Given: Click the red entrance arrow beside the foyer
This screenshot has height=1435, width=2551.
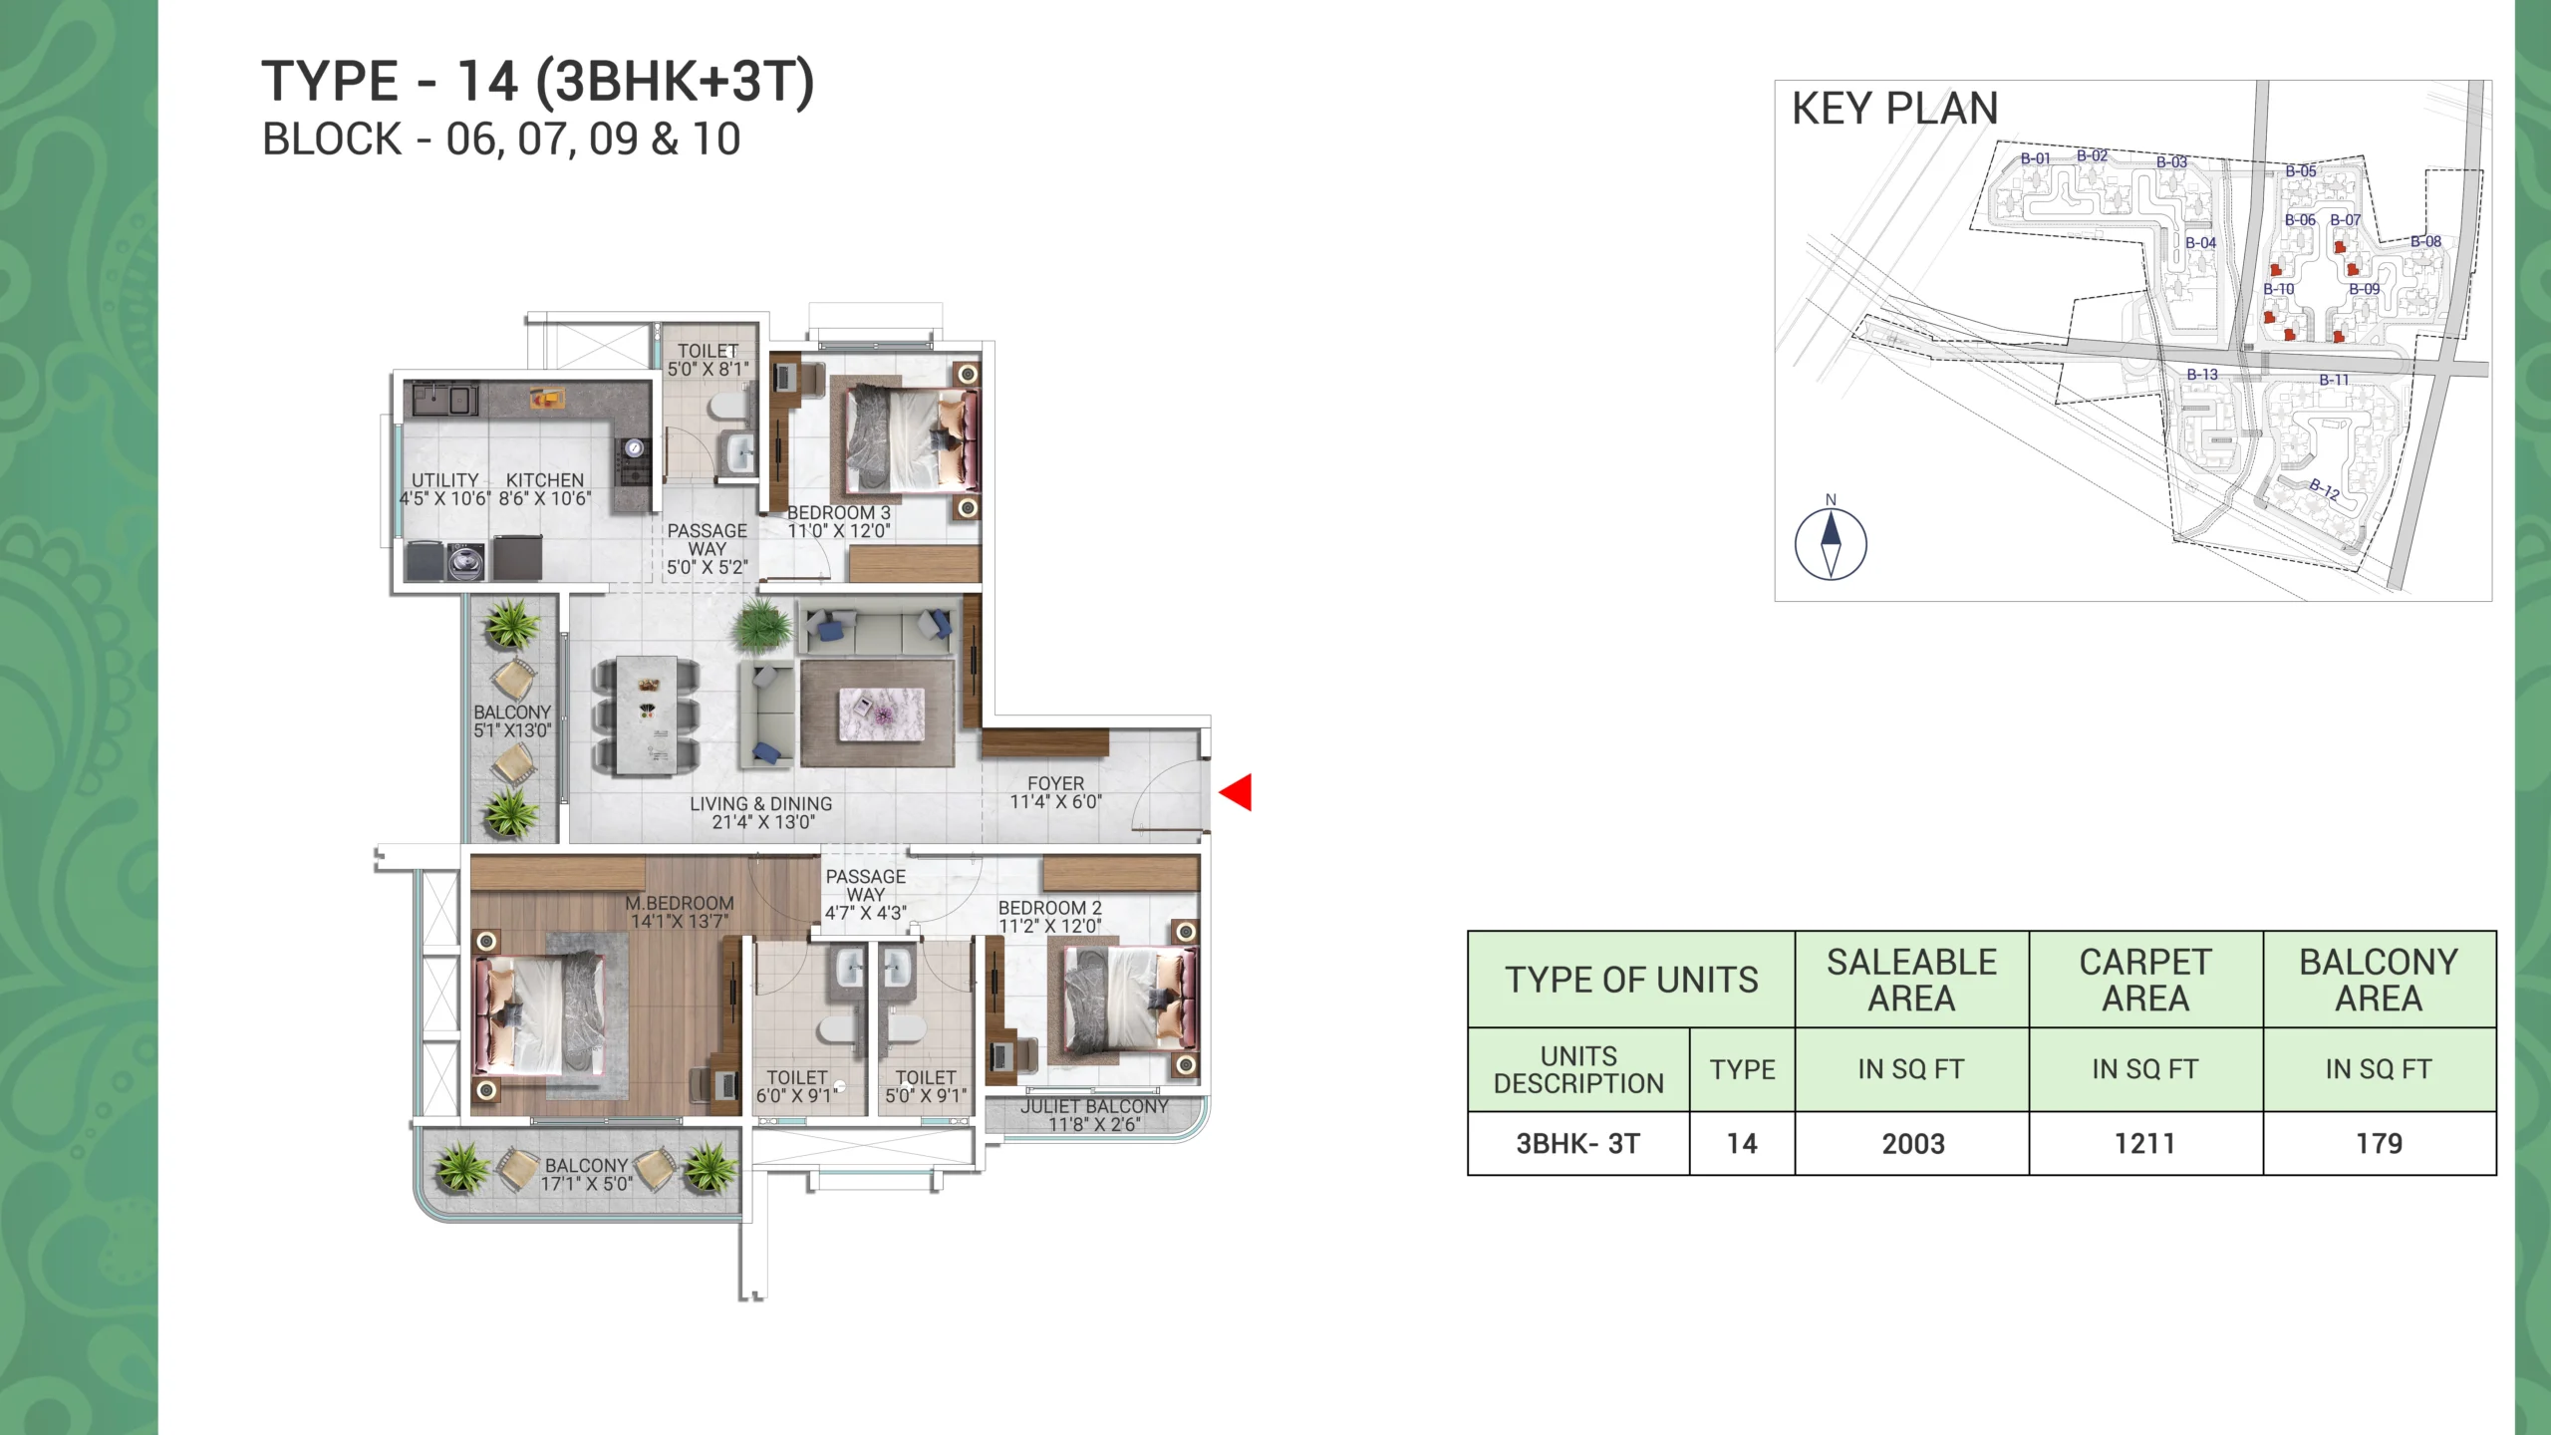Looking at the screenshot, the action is [1235, 793].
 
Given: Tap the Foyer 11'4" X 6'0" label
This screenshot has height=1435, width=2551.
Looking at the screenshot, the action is [1056, 793].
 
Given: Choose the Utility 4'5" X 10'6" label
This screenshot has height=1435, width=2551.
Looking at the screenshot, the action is [445, 489].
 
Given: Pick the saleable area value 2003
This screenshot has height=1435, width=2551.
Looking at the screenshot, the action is [1913, 1144].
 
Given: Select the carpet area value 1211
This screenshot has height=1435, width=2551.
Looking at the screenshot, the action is [2144, 1144].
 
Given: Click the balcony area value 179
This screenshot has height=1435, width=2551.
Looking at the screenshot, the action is [2380, 1144].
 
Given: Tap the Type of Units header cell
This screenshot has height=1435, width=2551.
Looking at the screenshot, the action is [1631, 980].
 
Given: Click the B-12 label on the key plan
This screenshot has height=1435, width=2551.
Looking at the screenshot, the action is [2325, 489].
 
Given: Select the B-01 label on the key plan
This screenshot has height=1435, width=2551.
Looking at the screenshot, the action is [2036, 158].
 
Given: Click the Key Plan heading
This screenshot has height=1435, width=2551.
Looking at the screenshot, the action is [1895, 108].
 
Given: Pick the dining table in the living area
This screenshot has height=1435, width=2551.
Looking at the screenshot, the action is [647, 716].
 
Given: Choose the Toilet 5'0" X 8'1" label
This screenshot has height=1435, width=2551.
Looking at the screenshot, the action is [709, 360].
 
